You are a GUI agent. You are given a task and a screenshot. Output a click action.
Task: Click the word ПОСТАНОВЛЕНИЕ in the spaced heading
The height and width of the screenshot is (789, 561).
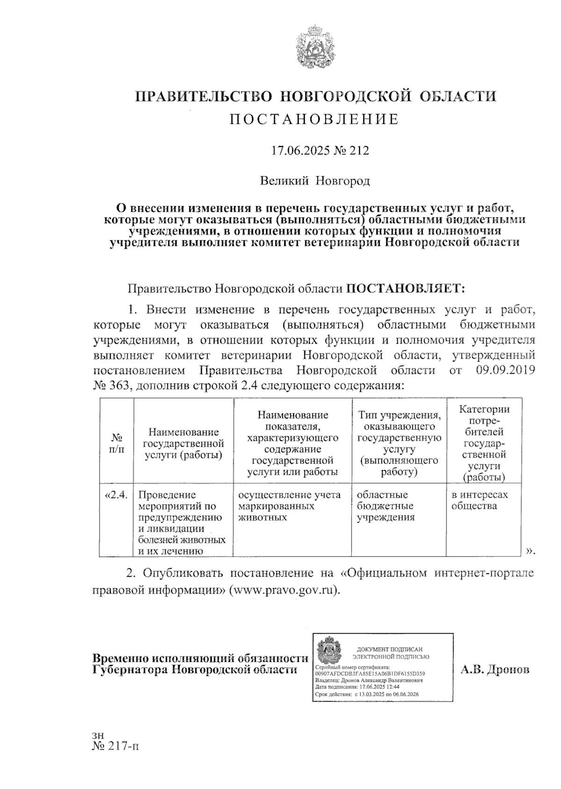tap(315, 120)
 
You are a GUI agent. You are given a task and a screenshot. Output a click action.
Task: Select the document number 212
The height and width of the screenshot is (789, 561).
tap(360, 151)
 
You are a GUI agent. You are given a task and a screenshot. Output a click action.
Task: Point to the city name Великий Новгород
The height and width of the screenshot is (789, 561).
tap(315, 181)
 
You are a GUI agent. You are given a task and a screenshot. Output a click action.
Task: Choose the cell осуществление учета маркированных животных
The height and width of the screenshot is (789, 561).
tap(289, 506)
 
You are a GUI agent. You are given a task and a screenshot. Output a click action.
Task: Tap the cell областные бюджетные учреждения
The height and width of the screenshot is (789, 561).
tap(385, 506)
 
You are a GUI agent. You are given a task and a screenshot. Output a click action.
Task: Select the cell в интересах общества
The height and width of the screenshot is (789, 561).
tap(479, 500)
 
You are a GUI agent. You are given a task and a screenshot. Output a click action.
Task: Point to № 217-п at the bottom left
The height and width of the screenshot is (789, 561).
tap(116, 746)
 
